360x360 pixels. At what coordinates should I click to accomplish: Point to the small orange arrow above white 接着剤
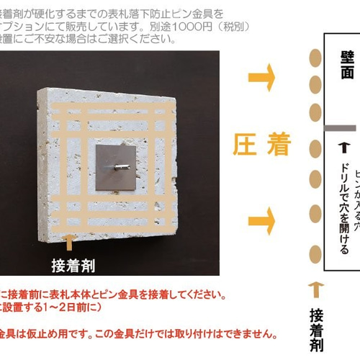[69, 240]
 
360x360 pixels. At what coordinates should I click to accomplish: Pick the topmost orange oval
[315, 57]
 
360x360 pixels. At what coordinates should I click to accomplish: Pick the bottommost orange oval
[315, 253]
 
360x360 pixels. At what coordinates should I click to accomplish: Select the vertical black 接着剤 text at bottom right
[315, 330]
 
